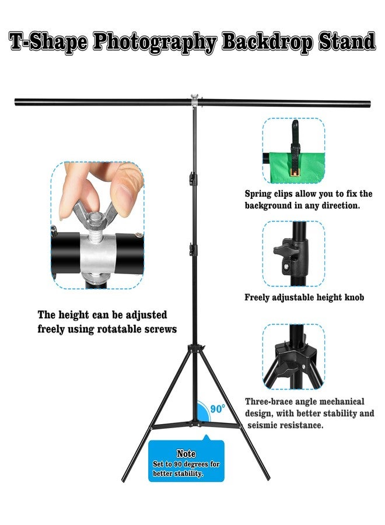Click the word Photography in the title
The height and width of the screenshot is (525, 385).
click(x=155, y=43)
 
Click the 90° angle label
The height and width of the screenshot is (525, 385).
click(x=217, y=409)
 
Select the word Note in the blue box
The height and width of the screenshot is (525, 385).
click(x=186, y=453)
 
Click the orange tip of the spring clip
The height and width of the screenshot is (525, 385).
click(x=295, y=171)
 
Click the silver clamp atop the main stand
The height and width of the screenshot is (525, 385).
click(x=194, y=101)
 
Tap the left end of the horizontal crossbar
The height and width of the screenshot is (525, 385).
click(x=16, y=101)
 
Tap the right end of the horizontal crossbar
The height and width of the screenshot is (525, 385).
click(x=370, y=103)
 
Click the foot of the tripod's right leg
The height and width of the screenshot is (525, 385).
click(x=268, y=478)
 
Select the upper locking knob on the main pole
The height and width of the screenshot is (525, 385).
click(x=192, y=178)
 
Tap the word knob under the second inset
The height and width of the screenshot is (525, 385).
click(x=354, y=297)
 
